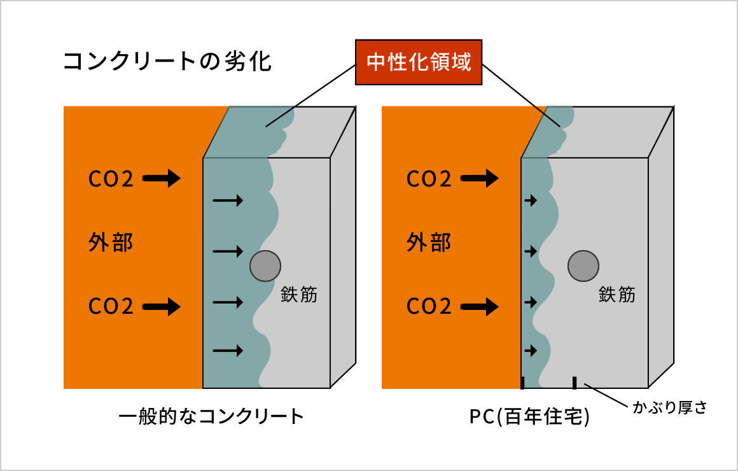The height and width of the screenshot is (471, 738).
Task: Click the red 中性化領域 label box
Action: (418, 63)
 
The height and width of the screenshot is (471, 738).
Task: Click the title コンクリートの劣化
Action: (168, 62)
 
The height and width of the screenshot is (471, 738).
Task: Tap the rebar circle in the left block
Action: (265, 265)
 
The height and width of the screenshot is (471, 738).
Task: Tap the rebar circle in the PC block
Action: (583, 265)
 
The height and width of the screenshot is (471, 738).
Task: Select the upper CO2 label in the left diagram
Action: (111, 179)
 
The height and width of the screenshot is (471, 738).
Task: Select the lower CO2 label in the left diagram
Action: (111, 307)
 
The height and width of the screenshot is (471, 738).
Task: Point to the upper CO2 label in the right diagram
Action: (429, 179)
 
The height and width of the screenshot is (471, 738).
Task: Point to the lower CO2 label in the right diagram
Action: (429, 307)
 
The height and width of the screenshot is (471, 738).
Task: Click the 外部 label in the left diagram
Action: (111, 243)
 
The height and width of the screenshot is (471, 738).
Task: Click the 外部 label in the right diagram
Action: (429, 243)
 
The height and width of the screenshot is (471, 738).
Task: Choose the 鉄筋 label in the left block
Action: (298, 295)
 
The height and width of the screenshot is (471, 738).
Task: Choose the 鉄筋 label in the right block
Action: (616, 295)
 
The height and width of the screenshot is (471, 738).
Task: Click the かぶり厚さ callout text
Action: (669, 408)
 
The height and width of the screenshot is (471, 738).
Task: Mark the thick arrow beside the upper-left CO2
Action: (162, 179)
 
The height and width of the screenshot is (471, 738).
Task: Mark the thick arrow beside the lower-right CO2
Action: (480, 307)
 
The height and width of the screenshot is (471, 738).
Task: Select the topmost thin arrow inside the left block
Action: (228, 201)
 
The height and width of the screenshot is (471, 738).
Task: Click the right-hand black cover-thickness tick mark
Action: (574, 383)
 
